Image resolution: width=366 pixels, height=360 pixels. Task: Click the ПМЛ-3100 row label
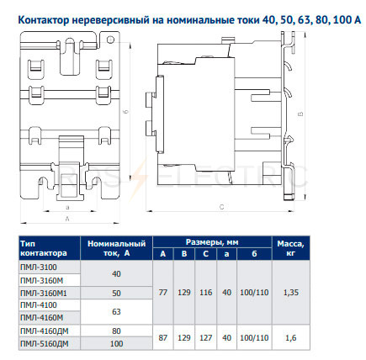click(39, 267)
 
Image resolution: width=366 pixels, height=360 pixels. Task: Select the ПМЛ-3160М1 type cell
click(44, 293)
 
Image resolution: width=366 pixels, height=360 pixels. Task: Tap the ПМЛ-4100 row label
click(39, 305)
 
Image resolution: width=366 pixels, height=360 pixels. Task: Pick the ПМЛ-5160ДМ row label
click(45, 343)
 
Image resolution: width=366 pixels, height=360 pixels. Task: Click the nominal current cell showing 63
click(116, 311)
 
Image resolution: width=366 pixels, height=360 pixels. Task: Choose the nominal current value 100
click(116, 343)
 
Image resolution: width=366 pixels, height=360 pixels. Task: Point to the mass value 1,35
click(291, 293)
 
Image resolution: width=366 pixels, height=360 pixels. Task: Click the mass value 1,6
click(291, 338)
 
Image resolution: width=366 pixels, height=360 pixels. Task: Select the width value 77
click(163, 293)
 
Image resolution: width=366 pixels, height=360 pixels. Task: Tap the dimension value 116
click(206, 293)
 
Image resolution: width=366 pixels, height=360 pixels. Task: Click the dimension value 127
click(206, 338)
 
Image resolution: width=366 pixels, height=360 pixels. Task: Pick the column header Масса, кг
click(291, 248)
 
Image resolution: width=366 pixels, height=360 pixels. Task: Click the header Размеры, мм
click(212, 242)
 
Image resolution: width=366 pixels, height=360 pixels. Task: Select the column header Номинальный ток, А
click(117, 248)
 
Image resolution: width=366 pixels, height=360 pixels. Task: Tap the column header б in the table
click(254, 254)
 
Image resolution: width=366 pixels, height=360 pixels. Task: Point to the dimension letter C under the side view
click(222, 207)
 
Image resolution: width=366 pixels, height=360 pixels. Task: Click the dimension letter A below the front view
click(67, 219)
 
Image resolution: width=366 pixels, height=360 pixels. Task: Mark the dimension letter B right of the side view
click(301, 114)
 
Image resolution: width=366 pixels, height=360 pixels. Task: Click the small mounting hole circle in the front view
click(110, 40)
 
